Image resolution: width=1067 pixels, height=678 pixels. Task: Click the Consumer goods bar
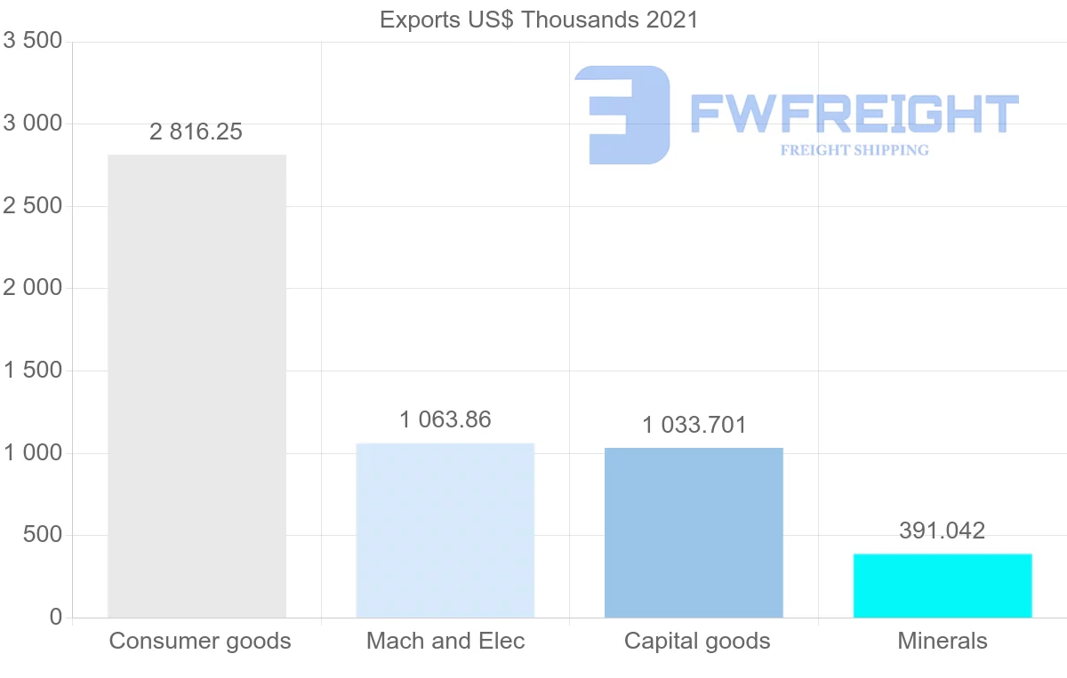197,387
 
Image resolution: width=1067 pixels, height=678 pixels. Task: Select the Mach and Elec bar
445,530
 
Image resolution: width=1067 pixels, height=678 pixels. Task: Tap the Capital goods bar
694,532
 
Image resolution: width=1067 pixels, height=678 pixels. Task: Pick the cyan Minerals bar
943,586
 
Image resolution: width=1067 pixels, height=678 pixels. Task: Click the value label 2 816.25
196,132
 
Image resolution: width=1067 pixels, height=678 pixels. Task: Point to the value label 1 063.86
445,419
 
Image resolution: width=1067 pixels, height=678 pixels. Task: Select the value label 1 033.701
694,426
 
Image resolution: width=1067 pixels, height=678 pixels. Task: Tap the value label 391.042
943,531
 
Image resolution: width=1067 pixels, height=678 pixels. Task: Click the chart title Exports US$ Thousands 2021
539,20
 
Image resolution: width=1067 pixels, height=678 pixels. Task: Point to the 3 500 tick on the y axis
33,42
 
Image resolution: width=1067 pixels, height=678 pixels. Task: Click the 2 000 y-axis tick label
33,289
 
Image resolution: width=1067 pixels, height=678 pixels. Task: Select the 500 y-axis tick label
43,536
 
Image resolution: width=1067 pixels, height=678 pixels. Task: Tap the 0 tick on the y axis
55,618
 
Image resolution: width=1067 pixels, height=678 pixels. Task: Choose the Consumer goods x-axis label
200,641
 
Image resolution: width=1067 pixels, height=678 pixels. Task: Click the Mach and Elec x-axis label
445,641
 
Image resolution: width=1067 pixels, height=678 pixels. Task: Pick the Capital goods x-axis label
697,641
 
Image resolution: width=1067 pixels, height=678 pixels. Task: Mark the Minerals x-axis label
943,641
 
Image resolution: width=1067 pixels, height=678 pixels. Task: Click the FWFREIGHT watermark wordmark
854,114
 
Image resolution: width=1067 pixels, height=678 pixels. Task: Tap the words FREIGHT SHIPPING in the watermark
854,150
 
